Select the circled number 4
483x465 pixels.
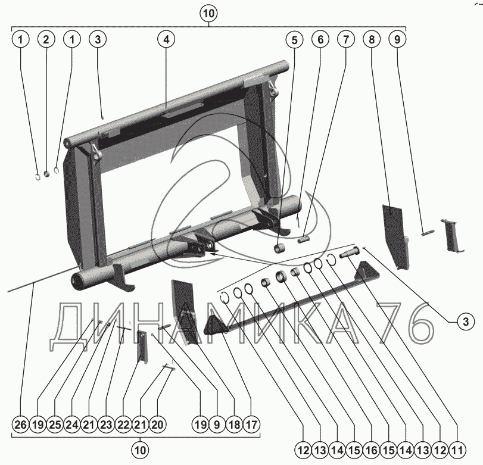point(166,40)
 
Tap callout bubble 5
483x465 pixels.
point(293,40)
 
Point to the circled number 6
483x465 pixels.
point(320,40)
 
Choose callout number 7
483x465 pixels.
point(345,40)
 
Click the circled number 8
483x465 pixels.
point(372,40)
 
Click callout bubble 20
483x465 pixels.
point(158,425)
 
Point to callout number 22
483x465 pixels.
point(124,425)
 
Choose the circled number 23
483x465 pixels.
point(107,425)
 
